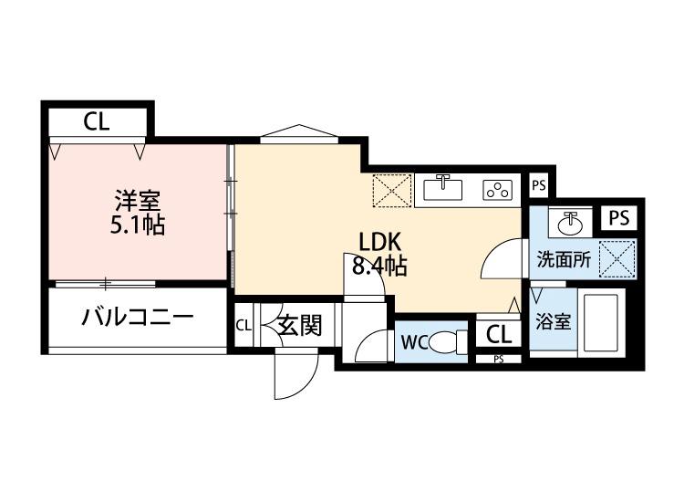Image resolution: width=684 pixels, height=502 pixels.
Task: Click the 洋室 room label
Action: coord(139,198)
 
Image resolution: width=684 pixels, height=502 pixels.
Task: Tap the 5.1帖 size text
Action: coord(139,224)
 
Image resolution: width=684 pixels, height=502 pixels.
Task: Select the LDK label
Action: coord(379,242)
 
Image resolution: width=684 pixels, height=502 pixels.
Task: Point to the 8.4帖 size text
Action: coord(379,267)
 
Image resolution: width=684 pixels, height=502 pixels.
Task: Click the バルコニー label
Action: coord(136,319)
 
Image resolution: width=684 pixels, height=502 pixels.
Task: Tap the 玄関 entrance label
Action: coord(298,326)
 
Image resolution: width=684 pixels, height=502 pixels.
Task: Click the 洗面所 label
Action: coord(562,258)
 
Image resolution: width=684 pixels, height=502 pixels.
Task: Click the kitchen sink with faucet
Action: coord(444,189)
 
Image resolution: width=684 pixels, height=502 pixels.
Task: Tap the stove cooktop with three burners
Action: coord(498,190)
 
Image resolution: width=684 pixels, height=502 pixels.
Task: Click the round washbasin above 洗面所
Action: coord(571,221)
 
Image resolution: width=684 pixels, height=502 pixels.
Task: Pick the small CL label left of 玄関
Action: coord(244,326)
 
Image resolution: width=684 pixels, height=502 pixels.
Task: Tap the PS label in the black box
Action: coord(619,218)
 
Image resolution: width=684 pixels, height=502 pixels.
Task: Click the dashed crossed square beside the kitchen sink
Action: coord(390,190)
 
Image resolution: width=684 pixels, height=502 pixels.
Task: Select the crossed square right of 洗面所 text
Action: coord(617,257)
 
